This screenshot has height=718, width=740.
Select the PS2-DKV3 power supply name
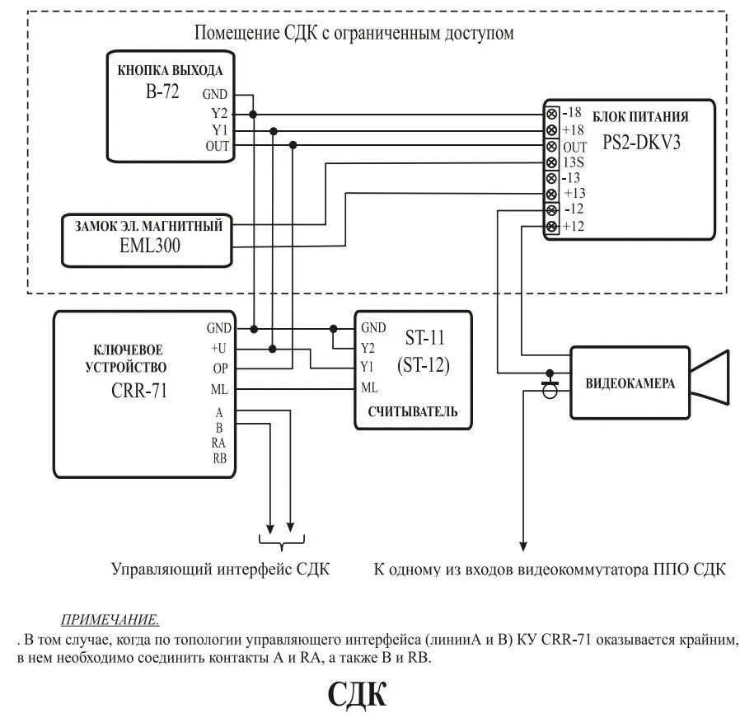[x=634, y=141]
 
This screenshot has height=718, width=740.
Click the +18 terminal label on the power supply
[x=574, y=129]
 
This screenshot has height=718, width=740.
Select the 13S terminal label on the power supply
[x=575, y=162]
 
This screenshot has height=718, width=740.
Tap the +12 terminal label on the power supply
[x=574, y=226]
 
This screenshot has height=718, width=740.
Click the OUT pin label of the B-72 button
[x=218, y=146]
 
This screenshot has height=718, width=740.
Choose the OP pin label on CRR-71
[x=219, y=368]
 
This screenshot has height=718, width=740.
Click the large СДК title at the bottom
[x=357, y=694]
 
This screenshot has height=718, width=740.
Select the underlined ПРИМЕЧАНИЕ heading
[x=110, y=619]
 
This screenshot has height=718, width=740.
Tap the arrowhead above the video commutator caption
[x=522, y=545]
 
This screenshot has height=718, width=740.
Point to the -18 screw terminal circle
[x=550, y=114]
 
